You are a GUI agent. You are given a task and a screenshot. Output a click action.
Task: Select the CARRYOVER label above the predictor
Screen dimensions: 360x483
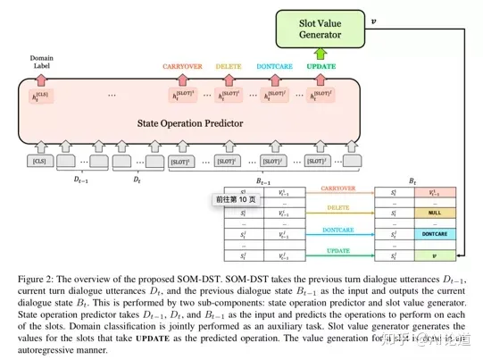(x=185, y=66)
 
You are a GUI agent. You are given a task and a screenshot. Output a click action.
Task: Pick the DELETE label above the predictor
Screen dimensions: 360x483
(x=230, y=66)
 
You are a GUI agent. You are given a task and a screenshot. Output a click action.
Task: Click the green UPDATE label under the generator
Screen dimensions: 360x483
(x=321, y=66)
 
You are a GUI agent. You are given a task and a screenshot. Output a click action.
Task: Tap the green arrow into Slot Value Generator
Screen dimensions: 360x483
(x=321, y=54)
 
